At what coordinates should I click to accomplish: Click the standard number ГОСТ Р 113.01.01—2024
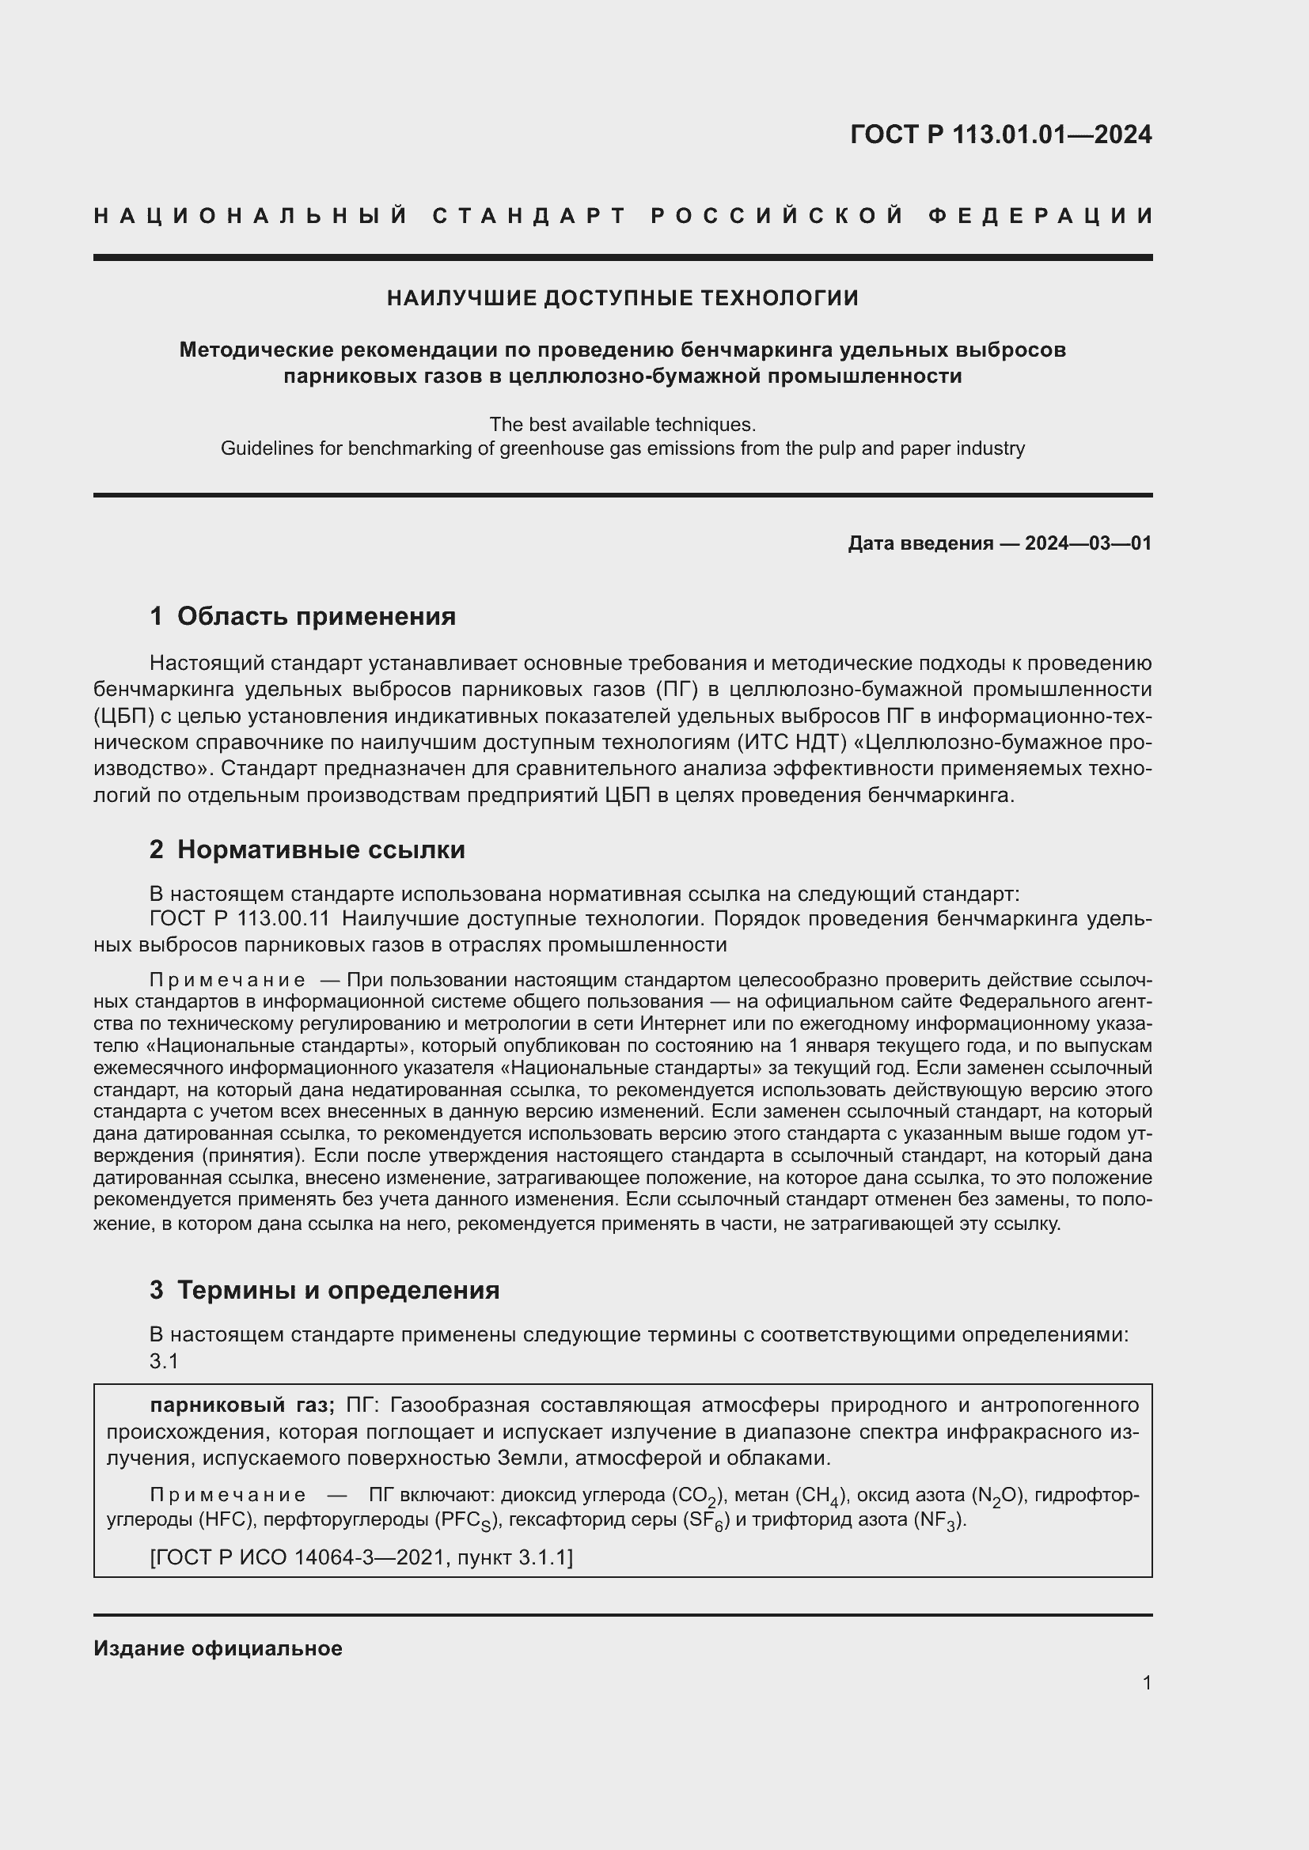click(x=1000, y=134)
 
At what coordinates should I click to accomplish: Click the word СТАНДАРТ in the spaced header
click(x=529, y=216)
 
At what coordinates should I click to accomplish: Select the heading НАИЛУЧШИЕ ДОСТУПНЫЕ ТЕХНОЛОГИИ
click(x=622, y=298)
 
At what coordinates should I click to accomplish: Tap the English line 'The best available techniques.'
click(x=622, y=424)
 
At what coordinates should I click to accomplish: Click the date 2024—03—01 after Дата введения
click(x=1088, y=543)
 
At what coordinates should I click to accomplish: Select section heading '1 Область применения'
click(x=303, y=616)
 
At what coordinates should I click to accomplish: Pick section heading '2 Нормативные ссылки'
click(x=307, y=849)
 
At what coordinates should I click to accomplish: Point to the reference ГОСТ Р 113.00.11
click(x=239, y=918)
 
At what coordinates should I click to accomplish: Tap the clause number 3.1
click(x=164, y=1361)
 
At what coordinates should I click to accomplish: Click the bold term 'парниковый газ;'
click(x=242, y=1405)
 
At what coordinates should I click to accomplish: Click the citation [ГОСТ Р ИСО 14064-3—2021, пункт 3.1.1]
click(x=361, y=1557)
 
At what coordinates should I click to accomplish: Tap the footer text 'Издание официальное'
click(x=218, y=1648)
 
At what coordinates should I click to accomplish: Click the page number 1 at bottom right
click(x=1146, y=1682)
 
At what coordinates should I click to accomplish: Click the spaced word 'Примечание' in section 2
click(x=226, y=981)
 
